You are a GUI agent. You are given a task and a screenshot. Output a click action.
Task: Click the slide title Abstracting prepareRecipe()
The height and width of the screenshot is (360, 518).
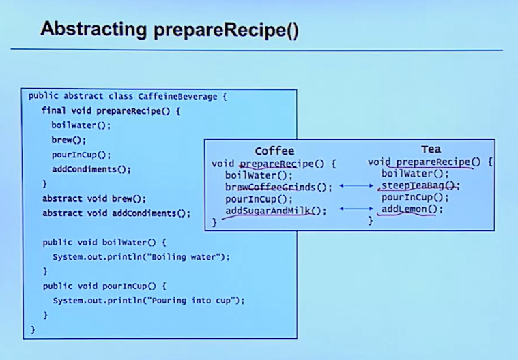(169, 29)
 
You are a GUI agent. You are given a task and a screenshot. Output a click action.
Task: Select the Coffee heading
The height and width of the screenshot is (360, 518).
(274, 151)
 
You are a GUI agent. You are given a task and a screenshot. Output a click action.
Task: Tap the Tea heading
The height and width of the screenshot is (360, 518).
(431, 149)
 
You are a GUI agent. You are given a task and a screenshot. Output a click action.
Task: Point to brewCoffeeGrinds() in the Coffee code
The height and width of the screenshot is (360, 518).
(278, 187)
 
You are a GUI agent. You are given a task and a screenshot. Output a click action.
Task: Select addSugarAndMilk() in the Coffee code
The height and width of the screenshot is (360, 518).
(276, 211)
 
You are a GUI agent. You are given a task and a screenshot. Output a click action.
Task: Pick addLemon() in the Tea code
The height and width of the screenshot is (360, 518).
(412, 209)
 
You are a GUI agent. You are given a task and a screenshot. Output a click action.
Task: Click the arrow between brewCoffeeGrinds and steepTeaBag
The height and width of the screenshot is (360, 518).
(356, 185)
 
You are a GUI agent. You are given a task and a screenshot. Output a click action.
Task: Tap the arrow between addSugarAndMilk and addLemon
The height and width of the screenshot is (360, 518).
(356, 209)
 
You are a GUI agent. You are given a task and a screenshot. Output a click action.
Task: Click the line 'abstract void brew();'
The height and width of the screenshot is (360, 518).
(94, 199)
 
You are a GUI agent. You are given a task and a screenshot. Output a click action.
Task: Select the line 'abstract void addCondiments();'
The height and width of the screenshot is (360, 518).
(116, 213)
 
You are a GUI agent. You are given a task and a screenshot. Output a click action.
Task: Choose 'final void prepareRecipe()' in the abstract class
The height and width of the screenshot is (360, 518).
(111, 110)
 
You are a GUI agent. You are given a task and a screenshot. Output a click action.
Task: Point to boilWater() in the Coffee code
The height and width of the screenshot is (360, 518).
(259, 175)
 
